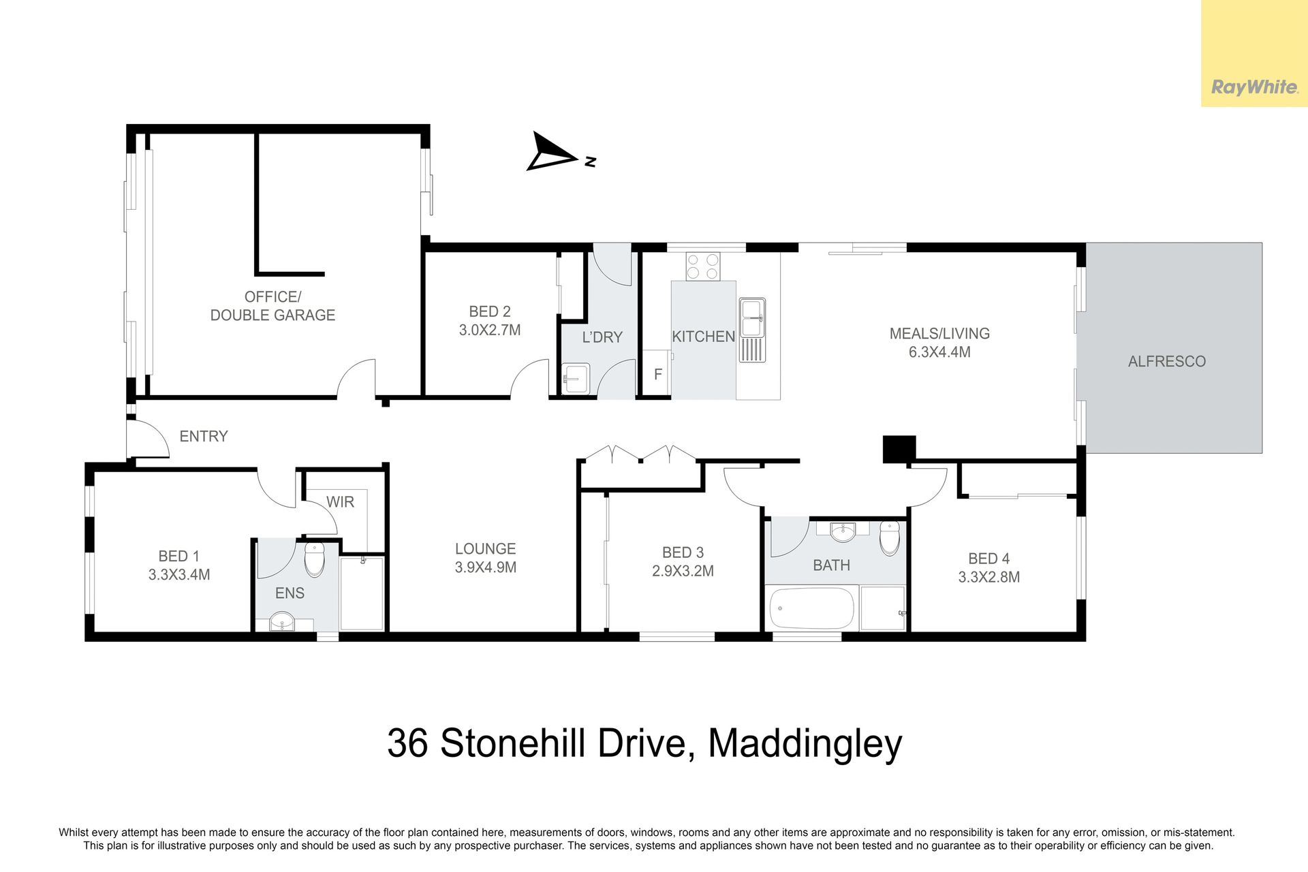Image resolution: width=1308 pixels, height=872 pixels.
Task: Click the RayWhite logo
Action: click(x=1254, y=87)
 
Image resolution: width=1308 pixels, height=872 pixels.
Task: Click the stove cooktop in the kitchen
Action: click(x=703, y=266)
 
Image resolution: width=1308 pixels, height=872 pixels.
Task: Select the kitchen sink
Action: click(x=752, y=330)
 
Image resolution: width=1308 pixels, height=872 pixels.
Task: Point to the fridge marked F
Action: click(x=657, y=374)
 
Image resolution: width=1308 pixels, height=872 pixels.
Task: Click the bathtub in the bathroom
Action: click(x=811, y=608)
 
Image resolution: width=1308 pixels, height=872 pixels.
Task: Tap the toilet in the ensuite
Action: click(x=314, y=559)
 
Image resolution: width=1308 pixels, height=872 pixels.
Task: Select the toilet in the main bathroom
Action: click(x=890, y=538)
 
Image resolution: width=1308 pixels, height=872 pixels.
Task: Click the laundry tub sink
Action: click(x=576, y=379)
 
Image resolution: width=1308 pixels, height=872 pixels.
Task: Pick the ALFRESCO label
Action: click(x=1166, y=362)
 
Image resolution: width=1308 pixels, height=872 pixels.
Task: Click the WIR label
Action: click(x=340, y=502)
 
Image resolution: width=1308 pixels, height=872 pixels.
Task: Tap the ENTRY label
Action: click(x=204, y=436)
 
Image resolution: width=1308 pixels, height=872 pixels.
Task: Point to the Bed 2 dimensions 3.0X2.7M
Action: click(x=490, y=330)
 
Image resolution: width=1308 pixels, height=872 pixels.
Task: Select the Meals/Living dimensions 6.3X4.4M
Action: click(x=939, y=352)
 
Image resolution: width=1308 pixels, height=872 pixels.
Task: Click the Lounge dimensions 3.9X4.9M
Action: click(x=486, y=567)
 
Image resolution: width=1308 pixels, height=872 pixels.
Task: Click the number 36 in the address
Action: click(x=407, y=743)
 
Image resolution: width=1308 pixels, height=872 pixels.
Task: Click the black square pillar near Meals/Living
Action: click(x=899, y=449)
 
